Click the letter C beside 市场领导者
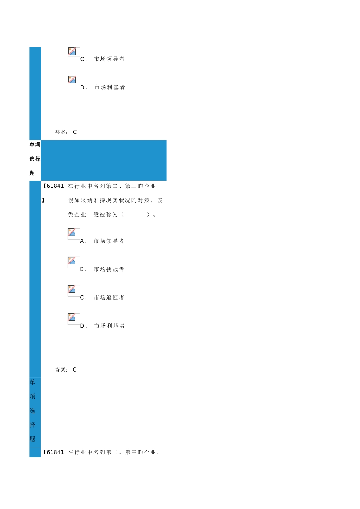(83, 59)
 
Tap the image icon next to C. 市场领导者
(72, 52)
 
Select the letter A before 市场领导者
(82, 241)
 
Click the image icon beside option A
(72, 233)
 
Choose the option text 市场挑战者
(109, 269)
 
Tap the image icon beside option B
(72, 261)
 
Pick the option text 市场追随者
(109, 297)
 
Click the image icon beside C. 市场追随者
(72, 289)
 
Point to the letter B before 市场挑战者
(82, 269)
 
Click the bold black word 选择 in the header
(35, 159)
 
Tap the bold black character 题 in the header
(32, 173)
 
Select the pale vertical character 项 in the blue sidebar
(33, 397)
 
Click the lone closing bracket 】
(43, 200)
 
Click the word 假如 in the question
(74, 200)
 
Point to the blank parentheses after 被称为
(136, 214)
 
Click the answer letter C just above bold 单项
(75, 132)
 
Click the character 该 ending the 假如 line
(160, 200)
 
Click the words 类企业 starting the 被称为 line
(77, 214)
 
